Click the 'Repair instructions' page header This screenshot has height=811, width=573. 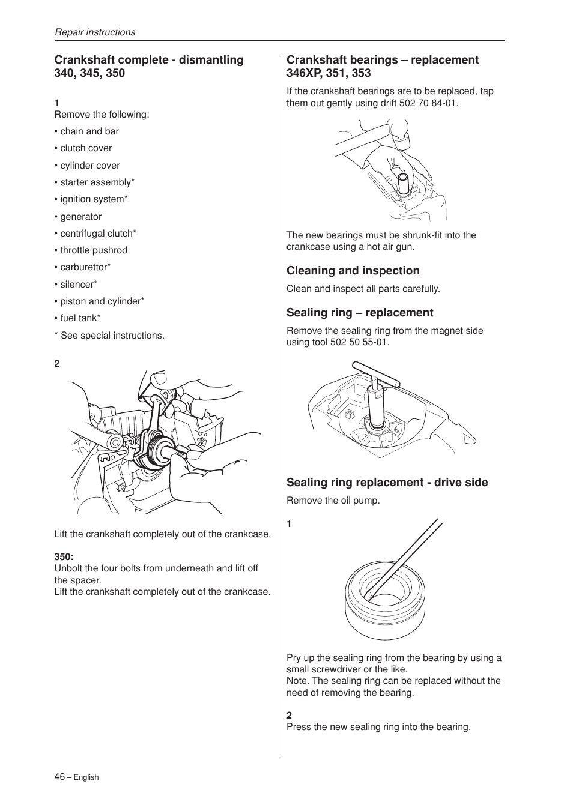95,32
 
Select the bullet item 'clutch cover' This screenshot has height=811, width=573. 86,148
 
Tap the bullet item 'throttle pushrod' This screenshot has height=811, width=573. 93,250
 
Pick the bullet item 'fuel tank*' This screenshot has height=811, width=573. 80,318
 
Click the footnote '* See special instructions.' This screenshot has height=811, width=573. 109,336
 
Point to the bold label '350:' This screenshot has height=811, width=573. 64,557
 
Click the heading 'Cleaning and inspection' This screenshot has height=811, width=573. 353,271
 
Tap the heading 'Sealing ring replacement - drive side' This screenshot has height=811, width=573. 387,483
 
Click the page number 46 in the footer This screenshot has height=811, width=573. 59,776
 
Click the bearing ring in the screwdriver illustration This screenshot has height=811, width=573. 385,606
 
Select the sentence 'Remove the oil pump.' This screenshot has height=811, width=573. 333,501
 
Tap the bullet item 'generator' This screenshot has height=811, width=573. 80,217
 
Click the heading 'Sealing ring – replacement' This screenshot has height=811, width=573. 359,313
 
